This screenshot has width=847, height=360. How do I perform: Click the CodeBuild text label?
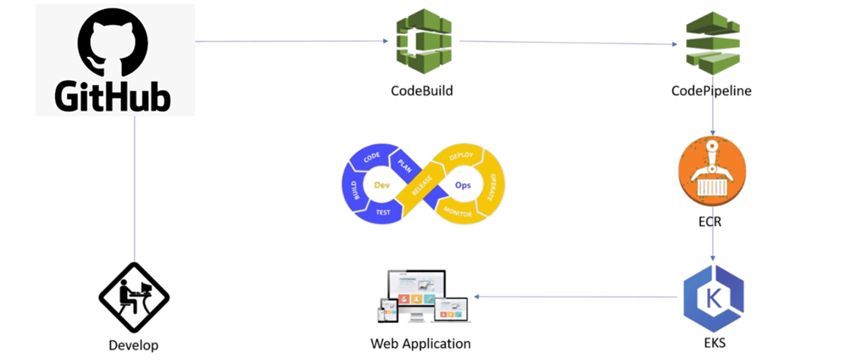(422, 90)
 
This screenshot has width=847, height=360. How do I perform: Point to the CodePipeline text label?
(711, 91)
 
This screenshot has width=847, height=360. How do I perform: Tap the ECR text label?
(710, 221)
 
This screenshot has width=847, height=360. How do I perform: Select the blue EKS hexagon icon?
(712, 298)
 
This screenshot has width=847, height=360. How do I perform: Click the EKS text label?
(714, 343)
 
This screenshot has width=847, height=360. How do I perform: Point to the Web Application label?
(420, 343)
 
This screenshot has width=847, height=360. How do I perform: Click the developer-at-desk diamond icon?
(134, 297)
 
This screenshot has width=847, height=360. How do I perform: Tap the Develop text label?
(134, 345)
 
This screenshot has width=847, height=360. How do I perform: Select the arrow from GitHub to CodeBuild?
(292, 41)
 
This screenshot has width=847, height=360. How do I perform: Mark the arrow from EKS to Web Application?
(576, 297)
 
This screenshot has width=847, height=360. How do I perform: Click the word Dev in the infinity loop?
(382, 185)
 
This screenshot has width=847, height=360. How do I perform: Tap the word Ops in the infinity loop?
(463, 185)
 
